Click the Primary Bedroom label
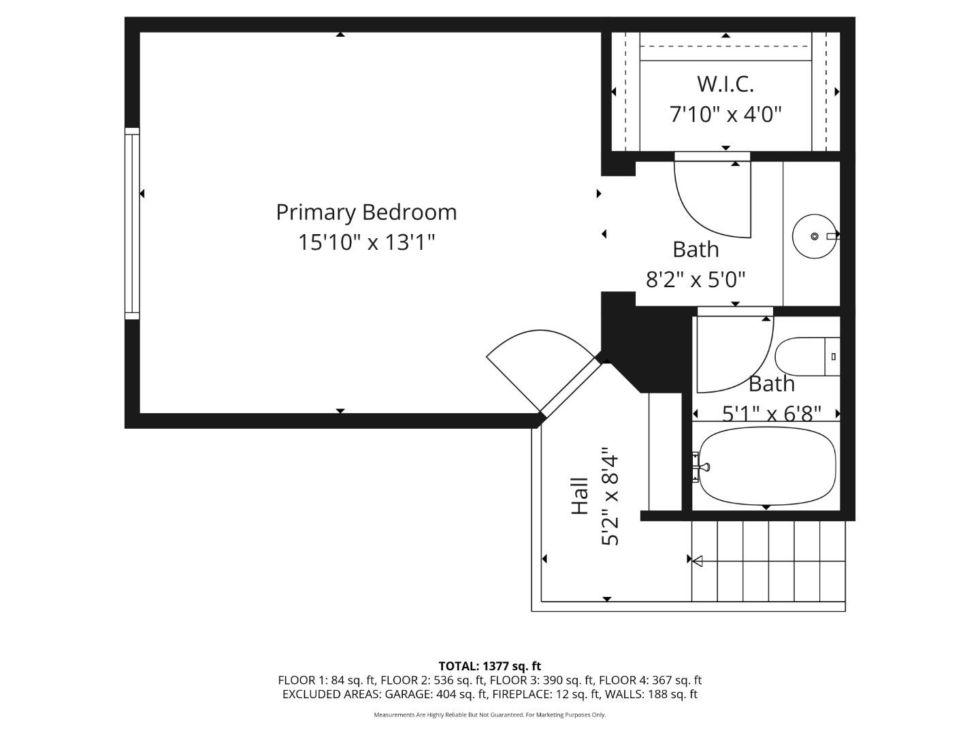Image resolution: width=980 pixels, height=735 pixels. click(x=366, y=212)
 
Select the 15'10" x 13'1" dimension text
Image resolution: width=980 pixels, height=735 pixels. click(x=366, y=242)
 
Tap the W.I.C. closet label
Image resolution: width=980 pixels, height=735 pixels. click(x=725, y=84)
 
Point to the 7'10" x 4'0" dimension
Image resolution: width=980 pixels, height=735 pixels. click(x=725, y=114)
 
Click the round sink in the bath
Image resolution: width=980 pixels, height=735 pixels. click(x=814, y=236)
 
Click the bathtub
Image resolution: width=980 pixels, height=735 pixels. click(x=767, y=466)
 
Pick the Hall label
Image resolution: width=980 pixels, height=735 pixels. click(x=579, y=495)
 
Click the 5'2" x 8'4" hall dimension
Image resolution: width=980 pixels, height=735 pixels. click(x=610, y=497)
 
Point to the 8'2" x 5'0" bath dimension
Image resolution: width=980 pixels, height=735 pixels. click(x=696, y=279)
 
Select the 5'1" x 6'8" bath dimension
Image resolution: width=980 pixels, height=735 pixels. click(x=771, y=413)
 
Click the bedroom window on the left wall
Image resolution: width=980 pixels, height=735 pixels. click(x=131, y=223)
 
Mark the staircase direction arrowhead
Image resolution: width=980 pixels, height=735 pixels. click(x=697, y=560)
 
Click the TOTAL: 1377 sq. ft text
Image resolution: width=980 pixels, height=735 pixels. click(x=489, y=666)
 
